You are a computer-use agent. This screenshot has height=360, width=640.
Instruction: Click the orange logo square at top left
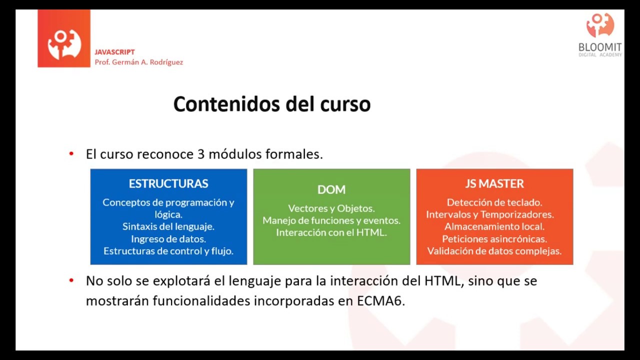point(64,38)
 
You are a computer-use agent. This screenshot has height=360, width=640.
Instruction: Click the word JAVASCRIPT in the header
point(114,52)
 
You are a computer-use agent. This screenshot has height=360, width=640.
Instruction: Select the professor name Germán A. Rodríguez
point(145,62)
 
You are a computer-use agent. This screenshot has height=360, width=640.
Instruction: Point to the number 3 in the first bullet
point(201,154)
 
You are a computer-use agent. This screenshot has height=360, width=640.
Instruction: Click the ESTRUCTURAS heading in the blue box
point(168,183)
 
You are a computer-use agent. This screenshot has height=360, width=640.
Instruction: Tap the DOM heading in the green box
point(331,189)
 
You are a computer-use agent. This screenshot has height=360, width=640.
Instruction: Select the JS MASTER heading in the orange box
point(494,183)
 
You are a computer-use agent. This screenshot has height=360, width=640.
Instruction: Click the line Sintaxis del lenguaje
point(168,226)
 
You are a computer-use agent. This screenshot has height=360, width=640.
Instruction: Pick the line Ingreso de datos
point(168,238)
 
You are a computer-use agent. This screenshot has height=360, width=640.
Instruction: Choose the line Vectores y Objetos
point(331,208)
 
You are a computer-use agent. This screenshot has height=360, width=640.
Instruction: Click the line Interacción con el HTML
point(331,232)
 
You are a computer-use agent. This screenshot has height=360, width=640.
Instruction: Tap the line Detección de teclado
point(494,202)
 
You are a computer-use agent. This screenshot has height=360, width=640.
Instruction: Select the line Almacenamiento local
point(494,226)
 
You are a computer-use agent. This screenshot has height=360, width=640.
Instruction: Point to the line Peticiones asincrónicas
point(494,239)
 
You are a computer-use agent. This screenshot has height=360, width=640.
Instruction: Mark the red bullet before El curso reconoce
point(71,154)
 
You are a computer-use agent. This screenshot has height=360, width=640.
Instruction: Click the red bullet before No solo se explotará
point(71,281)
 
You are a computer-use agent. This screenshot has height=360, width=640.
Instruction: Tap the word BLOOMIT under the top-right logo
point(600,47)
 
